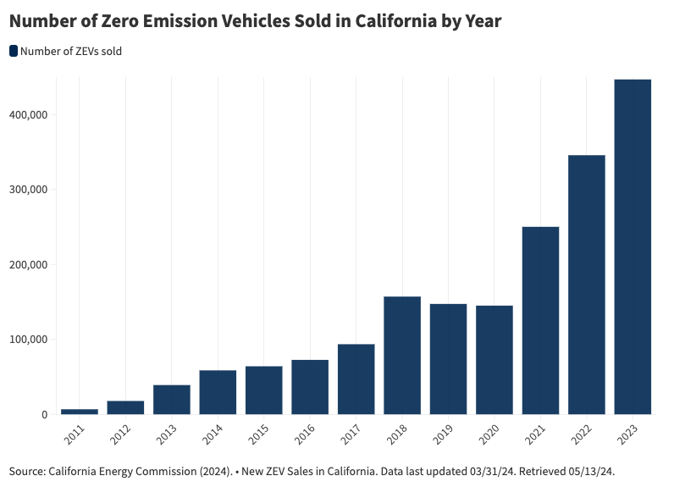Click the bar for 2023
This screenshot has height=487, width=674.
pyautogui.click(x=633, y=246)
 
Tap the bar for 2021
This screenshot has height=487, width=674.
pyautogui.click(x=540, y=320)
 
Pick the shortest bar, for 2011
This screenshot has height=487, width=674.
pyautogui.click(x=80, y=412)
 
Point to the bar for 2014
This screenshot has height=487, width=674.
pyautogui.click(x=218, y=392)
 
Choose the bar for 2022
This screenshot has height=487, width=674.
pyautogui.click(x=586, y=285)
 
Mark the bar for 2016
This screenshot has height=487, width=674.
pyautogui.click(x=310, y=387)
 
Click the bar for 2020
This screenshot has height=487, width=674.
pyautogui.click(x=494, y=360)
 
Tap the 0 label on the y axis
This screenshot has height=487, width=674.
pyautogui.click(x=43, y=415)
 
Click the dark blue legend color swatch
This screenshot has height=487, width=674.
pyautogui.click(x=14, y=52)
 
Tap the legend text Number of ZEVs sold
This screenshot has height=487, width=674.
pyautogui.click(x=71, y=52)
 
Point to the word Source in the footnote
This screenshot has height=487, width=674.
pyautogui.click(x=26, y=470)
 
